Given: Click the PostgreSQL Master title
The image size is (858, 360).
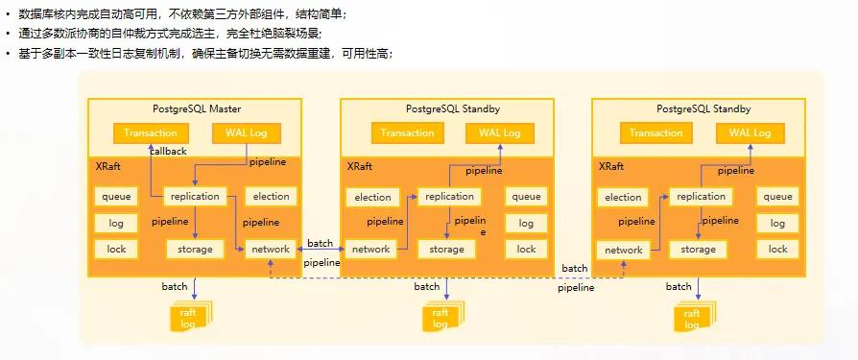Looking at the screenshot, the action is (197, 108).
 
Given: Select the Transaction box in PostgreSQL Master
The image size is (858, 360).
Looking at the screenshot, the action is (151, 132).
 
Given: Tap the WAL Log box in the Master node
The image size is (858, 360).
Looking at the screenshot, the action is (247, 132).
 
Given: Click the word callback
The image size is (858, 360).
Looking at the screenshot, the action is (168, 152).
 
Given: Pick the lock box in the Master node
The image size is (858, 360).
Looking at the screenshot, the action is (116, 249).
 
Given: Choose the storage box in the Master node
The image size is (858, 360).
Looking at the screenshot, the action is (195, 250).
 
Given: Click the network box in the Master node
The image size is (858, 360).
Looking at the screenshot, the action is (271, 250).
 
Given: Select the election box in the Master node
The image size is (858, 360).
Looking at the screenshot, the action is (271, 197).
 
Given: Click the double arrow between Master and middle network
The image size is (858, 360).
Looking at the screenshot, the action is (321, 250).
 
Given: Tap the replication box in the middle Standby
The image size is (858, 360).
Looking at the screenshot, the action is (449, 197).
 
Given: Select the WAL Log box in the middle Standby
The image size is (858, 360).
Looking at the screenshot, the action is (499, 132).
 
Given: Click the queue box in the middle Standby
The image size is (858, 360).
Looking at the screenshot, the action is (526, 197).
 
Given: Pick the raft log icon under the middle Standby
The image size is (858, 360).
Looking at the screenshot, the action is (442, 316).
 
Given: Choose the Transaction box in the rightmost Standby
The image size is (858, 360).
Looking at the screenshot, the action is (655, 132).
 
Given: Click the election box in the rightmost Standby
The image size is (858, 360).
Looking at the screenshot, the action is (623, 197).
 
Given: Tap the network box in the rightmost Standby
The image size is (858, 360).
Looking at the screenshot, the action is (623, 250).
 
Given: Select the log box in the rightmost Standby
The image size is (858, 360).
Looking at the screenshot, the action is (777, 224).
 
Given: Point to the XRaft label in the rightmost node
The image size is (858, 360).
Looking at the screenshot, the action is (611, 167).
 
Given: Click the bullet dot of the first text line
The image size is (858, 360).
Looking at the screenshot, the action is (8, 14).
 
